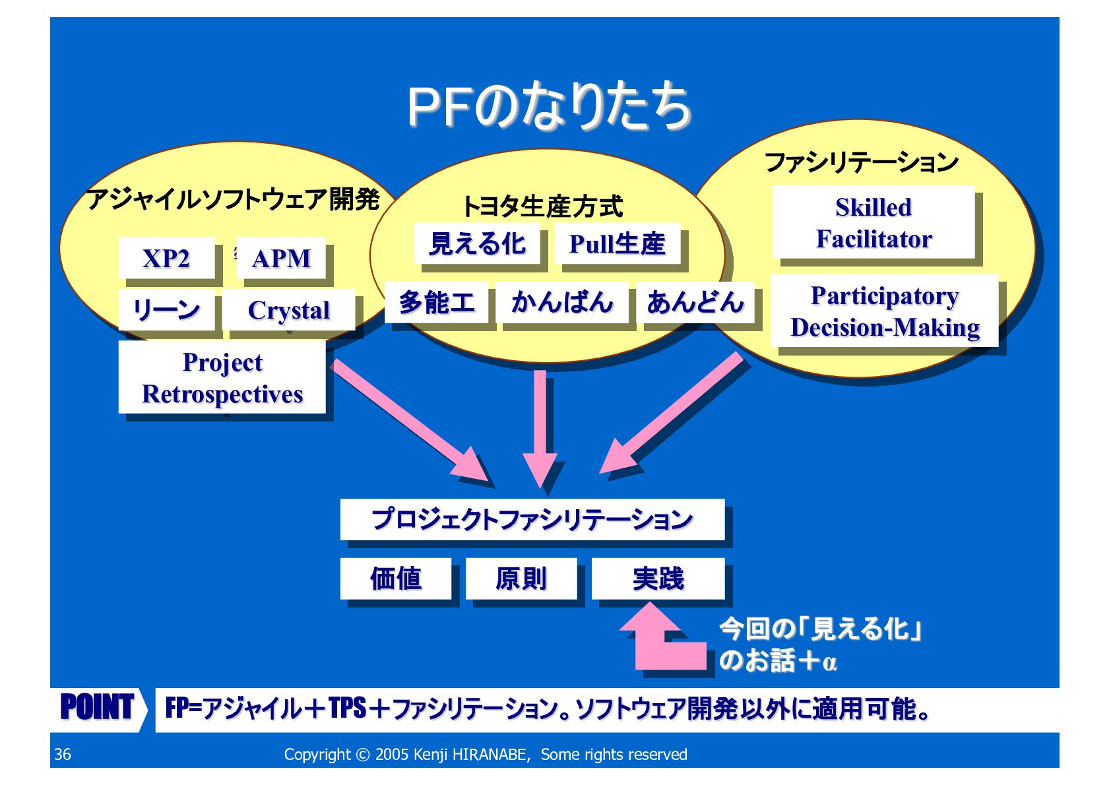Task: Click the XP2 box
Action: pyautogui.click(x=166, y=258)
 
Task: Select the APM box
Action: pyautogui.click(x=281, y=258)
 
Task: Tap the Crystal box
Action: pyautogui.click(x=288, y=310)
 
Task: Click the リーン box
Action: pyautogui.click(x=166, y=309)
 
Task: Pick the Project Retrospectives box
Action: pyautogui.click(x=222, y=377)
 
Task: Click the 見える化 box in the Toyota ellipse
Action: pyautogui.click(x=477, y=243)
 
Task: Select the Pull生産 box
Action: pyautogui.click(x=617, y=243)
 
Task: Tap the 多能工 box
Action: pyautogui.click(x=436, y=302)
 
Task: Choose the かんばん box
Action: pyautogui.click(x=561, y=302)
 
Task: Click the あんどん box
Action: pyautogui.click(x=695, y=302)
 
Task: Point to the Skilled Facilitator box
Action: pyautogui.click(x=873, y=222)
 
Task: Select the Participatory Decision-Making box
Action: pyautogui.click(x=884, y=311)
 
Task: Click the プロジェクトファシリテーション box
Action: pyautogui.click(x=532, y=519)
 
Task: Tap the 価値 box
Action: pyautogui.click(x=395, y=579)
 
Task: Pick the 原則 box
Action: pyautogui.click(x=521, y=579)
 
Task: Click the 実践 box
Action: pyautogui.click(x=658, y=579)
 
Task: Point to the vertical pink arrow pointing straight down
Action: pyautogui.click(x=540, y=429)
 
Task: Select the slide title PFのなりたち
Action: pyautogui.click(x=549, y=106)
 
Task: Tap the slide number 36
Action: pyautogui.click(x=63, y=754)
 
